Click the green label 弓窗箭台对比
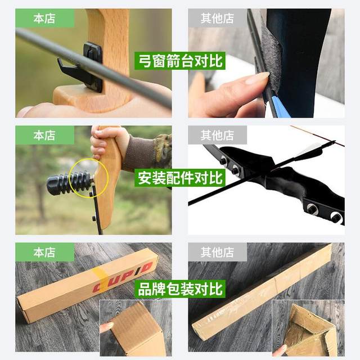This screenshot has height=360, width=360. pyautogui.click(x=180, y=60)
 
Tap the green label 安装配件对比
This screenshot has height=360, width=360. pyautogui.click(x=180, y=178)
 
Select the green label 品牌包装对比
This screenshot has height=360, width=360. pyautogui.click(x=180, y=289)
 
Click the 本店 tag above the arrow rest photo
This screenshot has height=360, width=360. pyautogui.click(x=45, y=19)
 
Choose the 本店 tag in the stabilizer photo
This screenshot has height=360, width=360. pyautogui.click(x=45, y=135)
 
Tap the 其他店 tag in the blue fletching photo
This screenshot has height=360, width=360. pyautogui.click(x=217, y=19)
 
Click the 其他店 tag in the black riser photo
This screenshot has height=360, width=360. pyautogui.click(x=217, y=135)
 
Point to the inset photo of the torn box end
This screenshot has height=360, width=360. pyautogui.click(x=308, y=329)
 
